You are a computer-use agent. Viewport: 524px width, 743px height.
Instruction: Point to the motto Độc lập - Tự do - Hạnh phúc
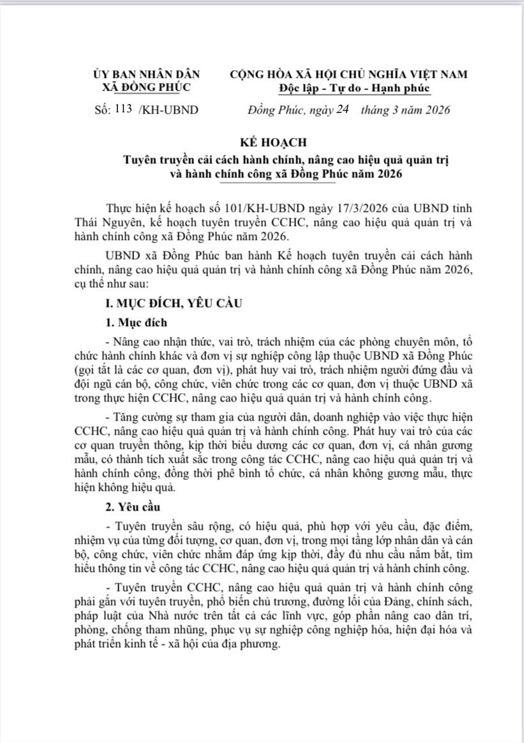click(x=355, y=87)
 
